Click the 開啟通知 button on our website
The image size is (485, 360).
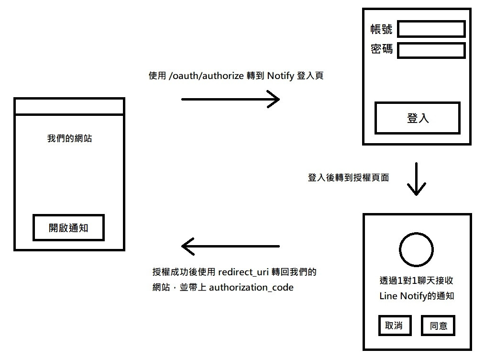point(68,228)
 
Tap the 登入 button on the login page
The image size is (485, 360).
point(418,118)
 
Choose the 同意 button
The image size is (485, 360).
point(438,326)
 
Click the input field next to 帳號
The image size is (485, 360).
point(431,29)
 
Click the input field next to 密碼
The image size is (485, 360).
point(431,50)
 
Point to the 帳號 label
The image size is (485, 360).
point(381,29)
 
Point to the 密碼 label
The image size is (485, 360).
point(381,49)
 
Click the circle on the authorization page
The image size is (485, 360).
point(416,249)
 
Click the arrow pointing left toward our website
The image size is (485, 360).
point(230,247)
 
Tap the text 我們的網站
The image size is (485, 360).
point(69,139)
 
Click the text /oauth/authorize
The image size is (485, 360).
point(207,76)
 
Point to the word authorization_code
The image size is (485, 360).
point(251,288)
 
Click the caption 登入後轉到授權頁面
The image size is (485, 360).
point(348,178)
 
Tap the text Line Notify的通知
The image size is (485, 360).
point(416,296)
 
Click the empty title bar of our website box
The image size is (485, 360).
point(69,106)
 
